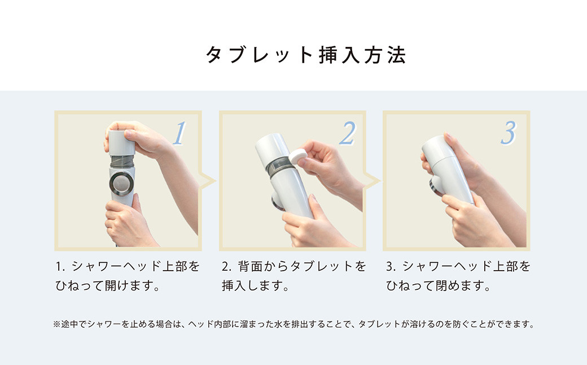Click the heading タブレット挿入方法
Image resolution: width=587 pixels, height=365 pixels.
pos(305,55)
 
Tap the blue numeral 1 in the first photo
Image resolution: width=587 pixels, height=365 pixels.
pos(178,133)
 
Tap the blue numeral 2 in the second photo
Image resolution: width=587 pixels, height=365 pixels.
pos(346,133)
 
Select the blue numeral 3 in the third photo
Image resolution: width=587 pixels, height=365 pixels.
pos(508,133)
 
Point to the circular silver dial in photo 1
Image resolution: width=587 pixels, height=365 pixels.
pos(122,183)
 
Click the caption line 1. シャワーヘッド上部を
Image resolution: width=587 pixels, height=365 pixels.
pos(128,266)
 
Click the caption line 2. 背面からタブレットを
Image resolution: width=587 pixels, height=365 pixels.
pos(293,266)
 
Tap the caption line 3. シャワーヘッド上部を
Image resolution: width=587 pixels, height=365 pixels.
pos(458,266)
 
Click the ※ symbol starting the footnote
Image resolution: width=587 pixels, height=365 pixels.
pos(56,325)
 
